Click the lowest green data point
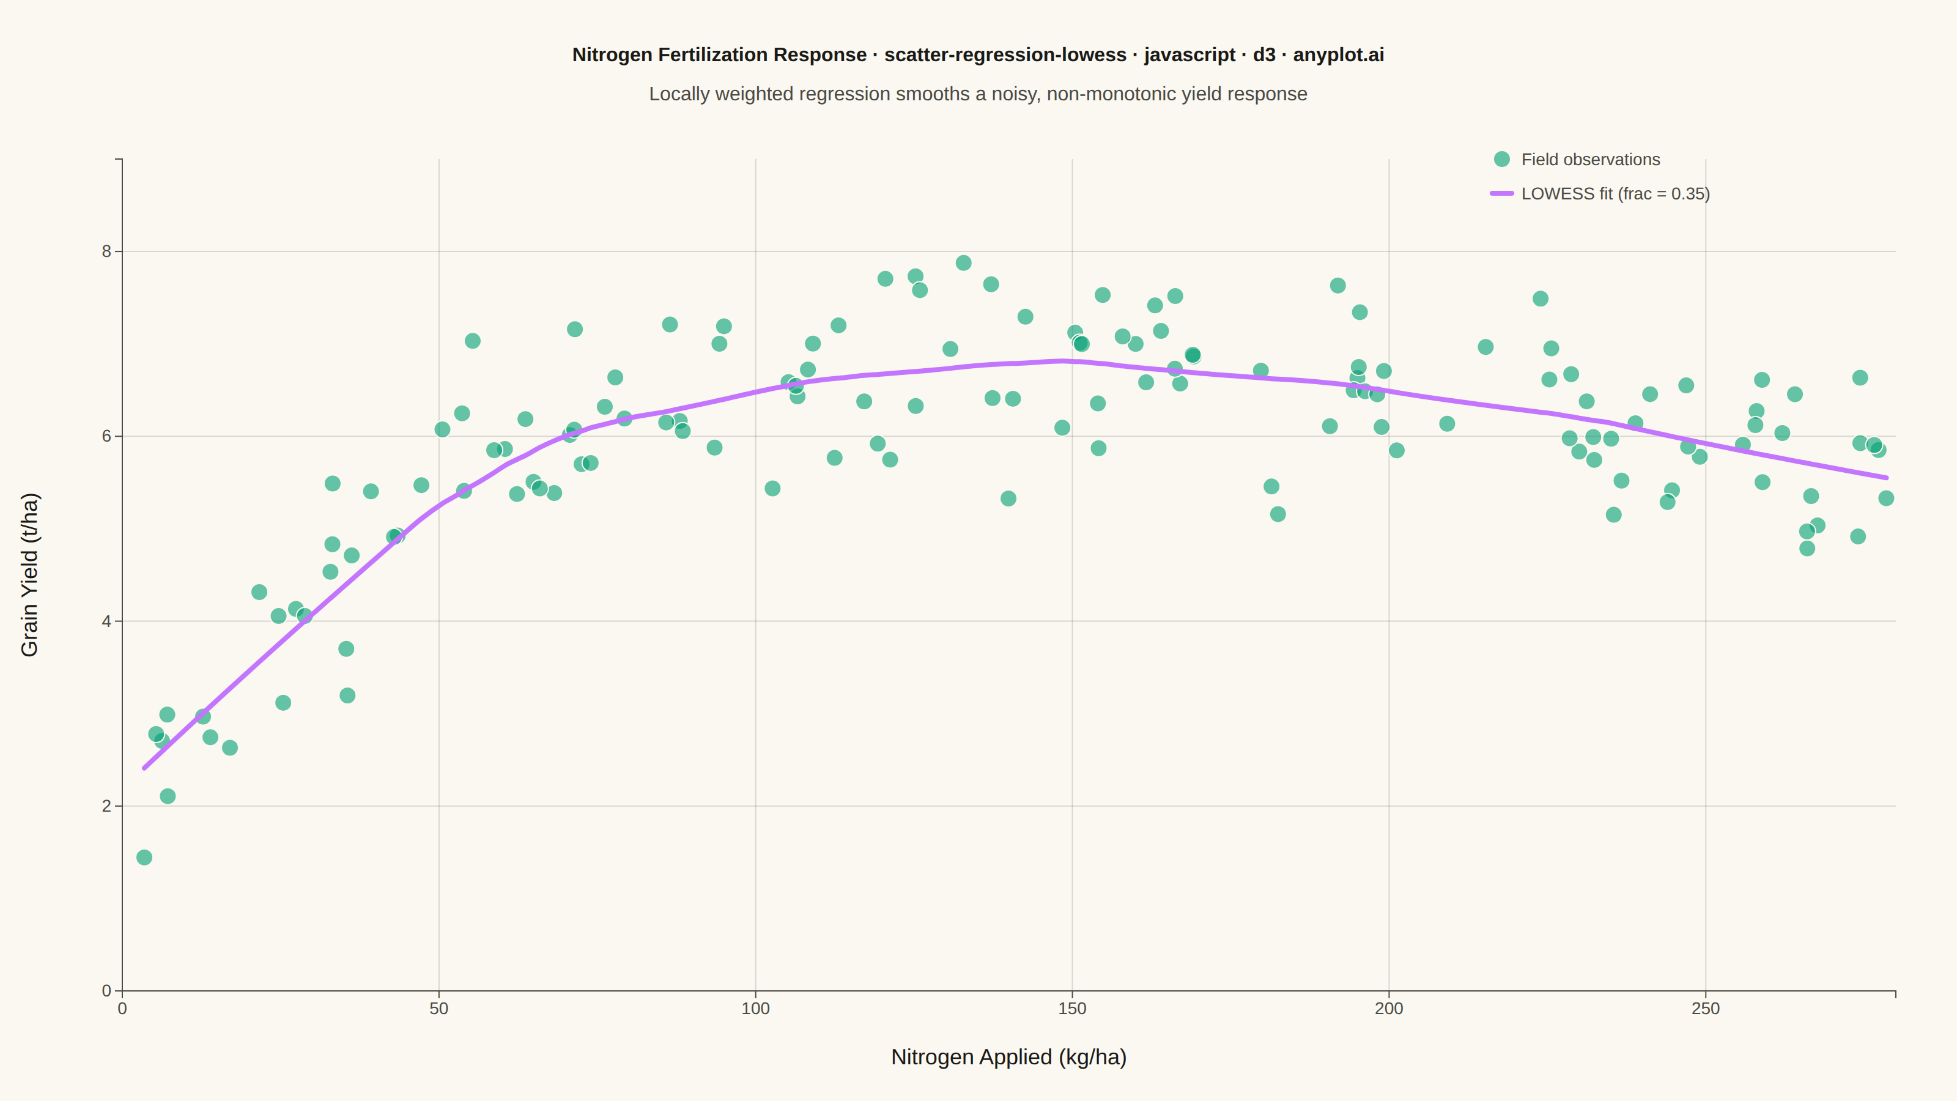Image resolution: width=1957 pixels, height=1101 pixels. pyautogui.click(x=144, y=857)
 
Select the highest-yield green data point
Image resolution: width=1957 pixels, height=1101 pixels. pyautogui.click(x=963, y=263)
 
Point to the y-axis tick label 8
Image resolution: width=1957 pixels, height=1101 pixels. pyautogui.click(x=106, y=251)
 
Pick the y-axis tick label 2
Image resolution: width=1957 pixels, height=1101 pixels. pyautogui.click(x=106, y=806)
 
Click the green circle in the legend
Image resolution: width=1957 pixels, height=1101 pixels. pyautogui.click(x=1502, y=159)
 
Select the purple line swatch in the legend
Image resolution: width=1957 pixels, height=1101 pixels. pyautogui.click(x=1502, y=194)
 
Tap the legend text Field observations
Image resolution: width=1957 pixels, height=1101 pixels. pyautogui.click(x=1591, y=160)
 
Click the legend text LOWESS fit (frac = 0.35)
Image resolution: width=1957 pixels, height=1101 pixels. pyautogui.click(x=1616, y=194)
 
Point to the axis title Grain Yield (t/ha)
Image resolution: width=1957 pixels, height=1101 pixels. pyautogui.click(x=29, y=574)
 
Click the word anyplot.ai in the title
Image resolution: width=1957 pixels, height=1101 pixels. pyautogui.click(x=1339, y=54)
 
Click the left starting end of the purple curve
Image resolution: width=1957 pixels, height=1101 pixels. pyautogui.click(x=144, y=768)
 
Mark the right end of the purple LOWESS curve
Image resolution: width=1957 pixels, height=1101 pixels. pyautogui.click(x=1886, y=478)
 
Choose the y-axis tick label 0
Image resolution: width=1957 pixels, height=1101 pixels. pyautogui.click(x=106, y=991)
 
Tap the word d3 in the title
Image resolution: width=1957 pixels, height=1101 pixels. pyautogui.click(x=1264, y=54)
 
